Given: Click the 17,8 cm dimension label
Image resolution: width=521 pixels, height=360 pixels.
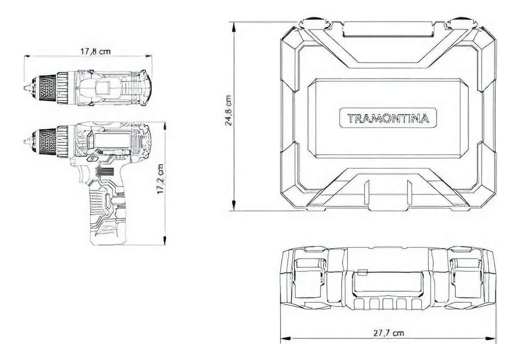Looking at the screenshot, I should pos(95,51).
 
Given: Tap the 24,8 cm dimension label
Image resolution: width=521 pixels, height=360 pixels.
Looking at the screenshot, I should pos(228,111).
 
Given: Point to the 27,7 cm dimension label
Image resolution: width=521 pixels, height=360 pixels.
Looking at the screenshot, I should pos(388,333).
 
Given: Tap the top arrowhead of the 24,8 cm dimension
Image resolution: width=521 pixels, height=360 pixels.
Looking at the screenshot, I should pos(234,26).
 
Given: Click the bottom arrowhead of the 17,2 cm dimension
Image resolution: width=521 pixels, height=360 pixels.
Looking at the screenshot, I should pos(165,240).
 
